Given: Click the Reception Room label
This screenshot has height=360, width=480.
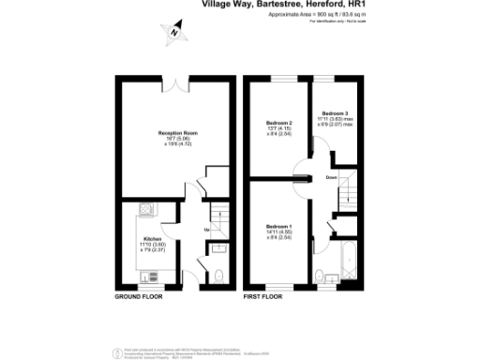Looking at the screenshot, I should (x=170, y=133).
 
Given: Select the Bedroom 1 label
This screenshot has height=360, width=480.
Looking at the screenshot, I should (x=278, y=227).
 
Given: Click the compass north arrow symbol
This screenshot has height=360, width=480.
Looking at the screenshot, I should (x=175, y=33).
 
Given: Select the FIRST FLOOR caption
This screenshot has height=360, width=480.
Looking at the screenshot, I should (x=263, y=296).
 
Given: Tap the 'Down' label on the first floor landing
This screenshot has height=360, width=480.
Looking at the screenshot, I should (x=331, y=177).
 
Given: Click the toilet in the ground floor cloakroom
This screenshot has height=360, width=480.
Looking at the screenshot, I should (x=215, y=275).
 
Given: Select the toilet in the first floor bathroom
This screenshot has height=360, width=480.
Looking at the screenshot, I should (x=321, y=276).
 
